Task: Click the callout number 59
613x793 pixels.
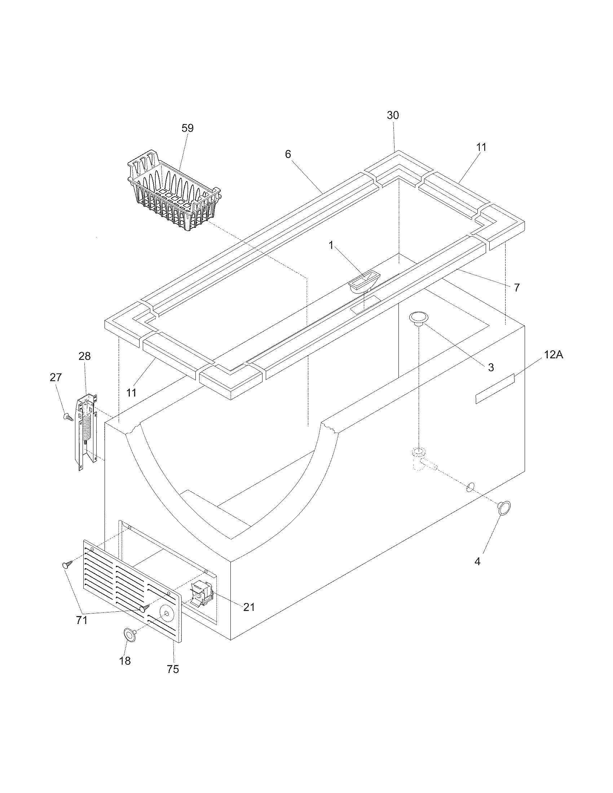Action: (188, 128)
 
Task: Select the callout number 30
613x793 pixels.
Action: (393, 115)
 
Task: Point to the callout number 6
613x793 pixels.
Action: (288, 154)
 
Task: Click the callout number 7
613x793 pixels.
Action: (516, 288)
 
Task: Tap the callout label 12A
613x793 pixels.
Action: (554, 355)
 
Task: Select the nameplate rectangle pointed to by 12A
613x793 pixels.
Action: (495, 389)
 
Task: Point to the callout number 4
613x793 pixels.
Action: (477, 562)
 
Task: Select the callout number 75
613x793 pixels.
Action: (173, 669)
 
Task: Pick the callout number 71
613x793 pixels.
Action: (81, 620)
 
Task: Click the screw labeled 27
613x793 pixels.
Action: (67, 417)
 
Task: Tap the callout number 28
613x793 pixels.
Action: (84, 356)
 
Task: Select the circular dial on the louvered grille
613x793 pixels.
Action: (166, 613)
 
